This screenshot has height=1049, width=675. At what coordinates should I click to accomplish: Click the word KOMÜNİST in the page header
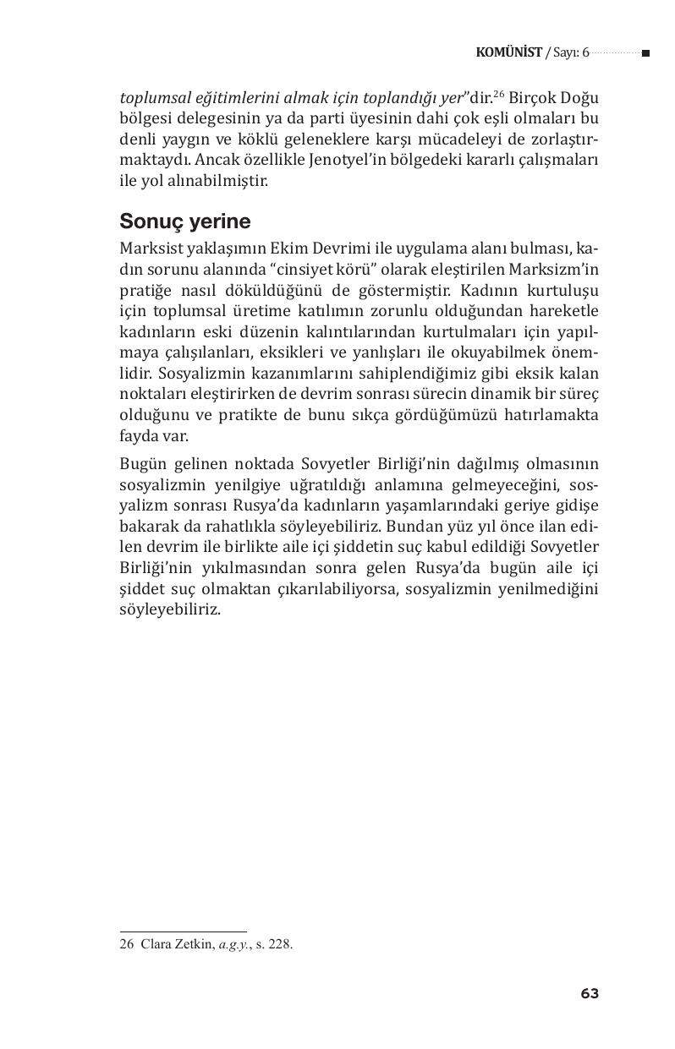508,52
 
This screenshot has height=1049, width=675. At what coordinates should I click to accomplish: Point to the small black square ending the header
645,53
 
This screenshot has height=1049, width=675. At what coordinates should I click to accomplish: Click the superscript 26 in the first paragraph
499,93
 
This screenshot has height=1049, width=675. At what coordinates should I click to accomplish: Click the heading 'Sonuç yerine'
185,221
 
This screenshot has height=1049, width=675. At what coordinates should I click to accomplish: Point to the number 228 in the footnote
281,945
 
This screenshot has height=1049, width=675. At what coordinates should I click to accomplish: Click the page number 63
590,994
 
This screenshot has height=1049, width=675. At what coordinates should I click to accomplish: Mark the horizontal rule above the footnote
183,932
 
